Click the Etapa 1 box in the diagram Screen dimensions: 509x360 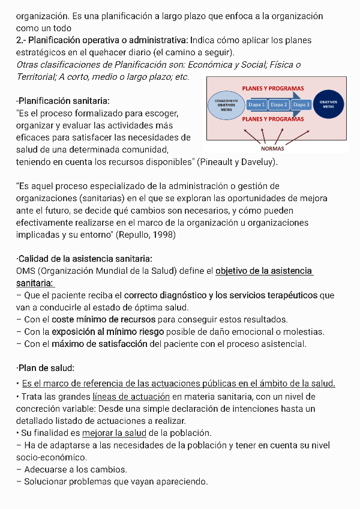[256, 104]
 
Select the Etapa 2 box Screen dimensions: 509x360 [279, 104]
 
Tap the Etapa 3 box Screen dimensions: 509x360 [301, 104]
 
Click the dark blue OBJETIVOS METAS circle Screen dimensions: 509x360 [329, 104]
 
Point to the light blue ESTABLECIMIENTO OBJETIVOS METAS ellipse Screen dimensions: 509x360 [226, 105]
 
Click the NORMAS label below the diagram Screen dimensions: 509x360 [273, 149]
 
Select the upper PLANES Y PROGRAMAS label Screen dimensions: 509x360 [273, 88]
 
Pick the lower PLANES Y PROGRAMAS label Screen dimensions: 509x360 [273, 119]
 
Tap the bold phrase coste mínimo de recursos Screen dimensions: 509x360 [103, 319]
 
